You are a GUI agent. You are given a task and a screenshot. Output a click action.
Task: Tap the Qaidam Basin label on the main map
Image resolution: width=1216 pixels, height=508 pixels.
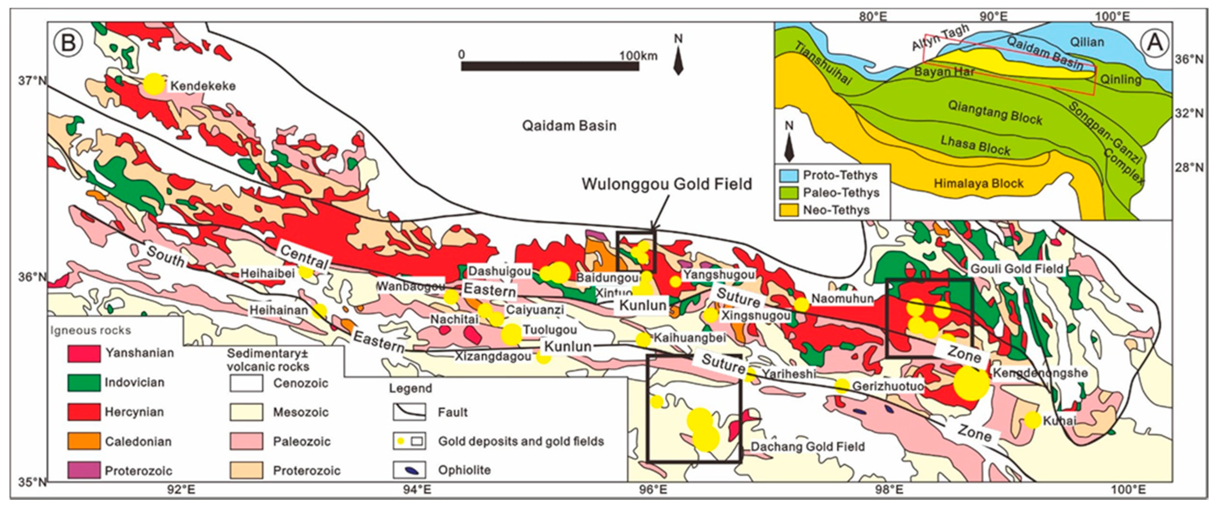coord(569,125)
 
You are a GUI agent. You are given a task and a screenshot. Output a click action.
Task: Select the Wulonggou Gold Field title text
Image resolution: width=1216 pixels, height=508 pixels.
coord(667,184)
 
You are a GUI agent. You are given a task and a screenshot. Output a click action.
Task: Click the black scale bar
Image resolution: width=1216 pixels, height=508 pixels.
coord(550,66)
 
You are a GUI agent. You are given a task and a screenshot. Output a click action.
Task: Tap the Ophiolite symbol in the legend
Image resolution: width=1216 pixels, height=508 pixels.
coord(409,470)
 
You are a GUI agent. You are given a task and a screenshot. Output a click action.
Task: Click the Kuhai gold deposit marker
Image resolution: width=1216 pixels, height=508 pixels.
coord(1033,420)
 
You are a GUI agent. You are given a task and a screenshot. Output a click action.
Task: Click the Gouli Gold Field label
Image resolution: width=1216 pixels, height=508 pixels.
coord(1016,269)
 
